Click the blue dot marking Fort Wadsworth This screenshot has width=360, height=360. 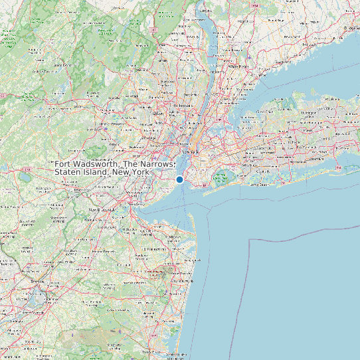(x=179, y=179)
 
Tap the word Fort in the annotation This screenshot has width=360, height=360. (x=64, y=164)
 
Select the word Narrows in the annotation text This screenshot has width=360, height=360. (x=157, y=164)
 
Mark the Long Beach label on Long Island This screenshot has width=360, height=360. (x=258, y=184)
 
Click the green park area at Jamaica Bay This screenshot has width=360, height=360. (x=221, y=177)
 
